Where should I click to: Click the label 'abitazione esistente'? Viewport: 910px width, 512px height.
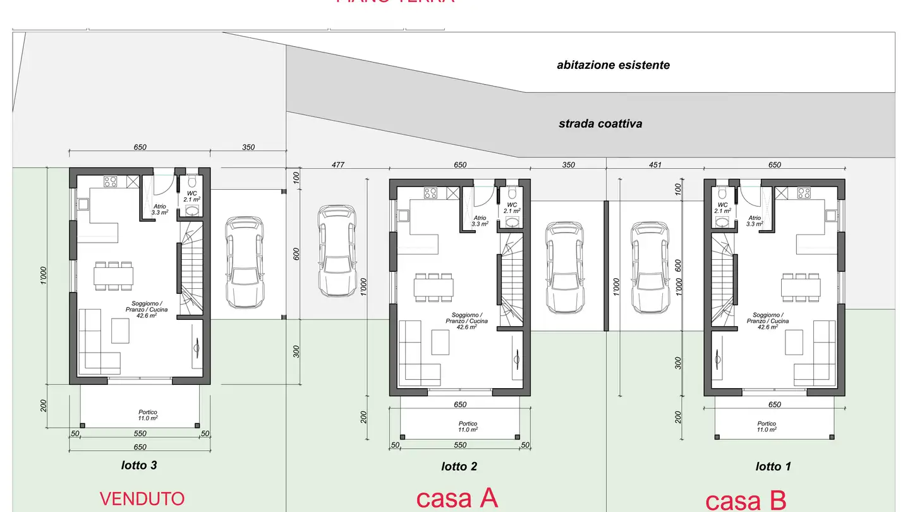click(x=613, y=65)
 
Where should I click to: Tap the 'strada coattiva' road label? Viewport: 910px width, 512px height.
click(x=600, y=124)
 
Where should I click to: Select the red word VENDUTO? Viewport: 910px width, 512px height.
click(x=142, y=498)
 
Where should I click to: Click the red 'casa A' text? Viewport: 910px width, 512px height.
click(x=457, y=498)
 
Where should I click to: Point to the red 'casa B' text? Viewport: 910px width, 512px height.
click(x=745, y=500)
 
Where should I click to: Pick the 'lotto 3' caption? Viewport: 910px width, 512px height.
click(x=139, y=465)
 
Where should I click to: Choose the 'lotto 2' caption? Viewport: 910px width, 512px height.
click(x=459, y=466)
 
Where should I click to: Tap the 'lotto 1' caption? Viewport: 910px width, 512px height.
click(x=773, y=466)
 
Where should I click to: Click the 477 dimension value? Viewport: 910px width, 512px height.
click(x=338, y=165)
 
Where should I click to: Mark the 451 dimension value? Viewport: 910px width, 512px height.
click(x=655, y=165)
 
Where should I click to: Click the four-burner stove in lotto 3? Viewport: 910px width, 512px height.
click(x=110, y=181)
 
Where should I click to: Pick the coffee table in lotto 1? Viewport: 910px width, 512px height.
click(x=794, y=342)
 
